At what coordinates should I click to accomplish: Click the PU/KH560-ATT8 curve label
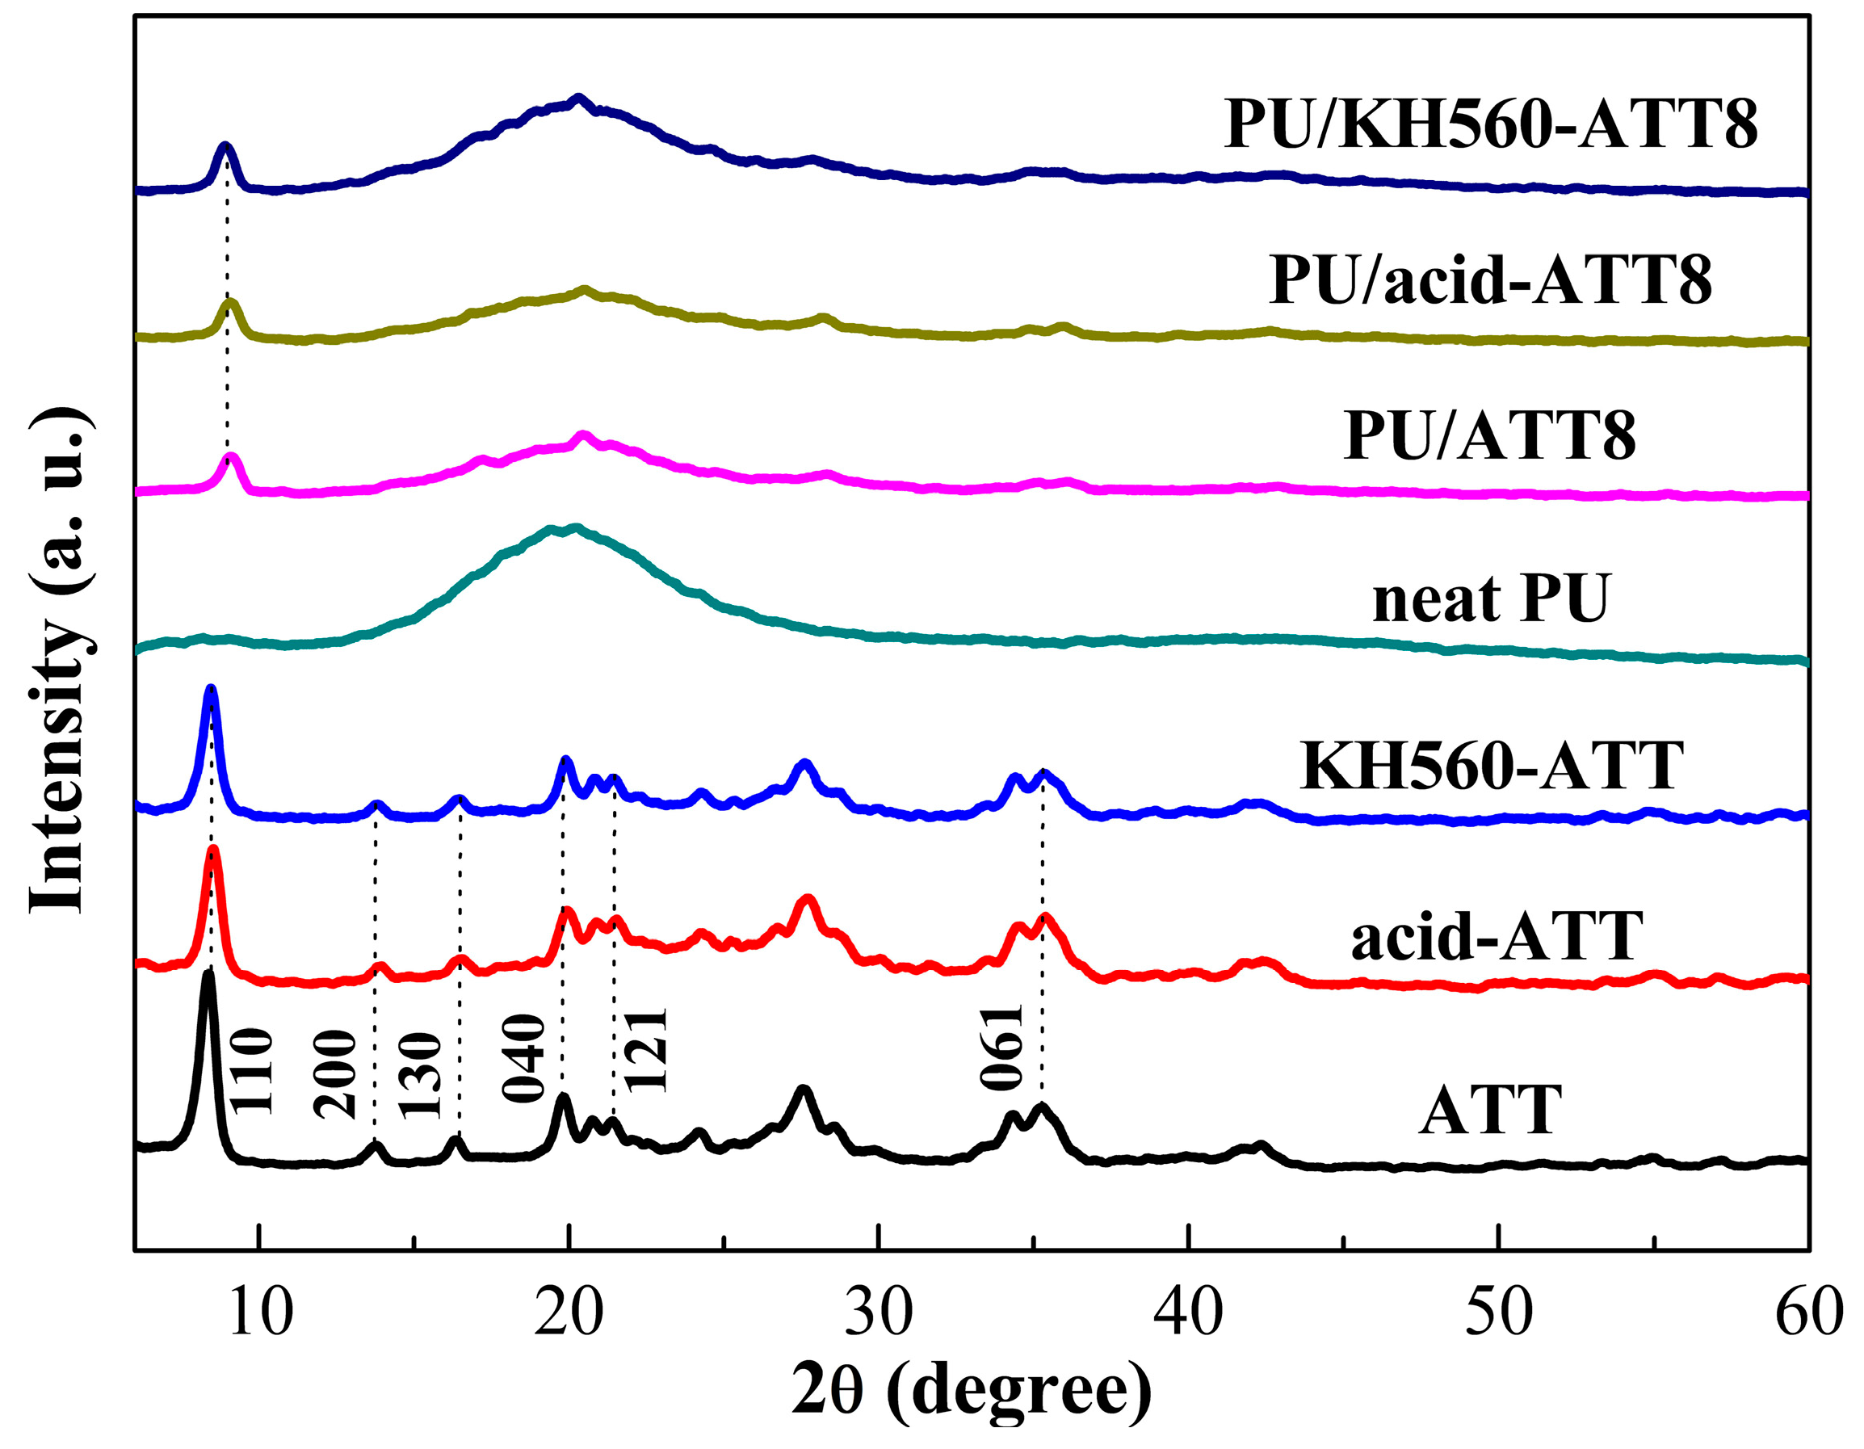(x=1490, y=125)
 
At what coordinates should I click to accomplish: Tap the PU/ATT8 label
(x=1490, y=436)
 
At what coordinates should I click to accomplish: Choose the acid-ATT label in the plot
(x=1497, y=936)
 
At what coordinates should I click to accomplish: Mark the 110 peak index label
(x=253, y=1071)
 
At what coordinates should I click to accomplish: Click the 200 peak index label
(x=334, y=1074)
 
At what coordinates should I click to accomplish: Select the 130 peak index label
(x=421, y=1075)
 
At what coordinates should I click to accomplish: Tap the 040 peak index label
(x=523, y=1058)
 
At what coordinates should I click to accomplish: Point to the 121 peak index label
(x=645, y=1051)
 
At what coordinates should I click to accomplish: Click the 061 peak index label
(x=1001, y=1048)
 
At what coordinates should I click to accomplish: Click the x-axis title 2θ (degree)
(x=972, y=1391)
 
